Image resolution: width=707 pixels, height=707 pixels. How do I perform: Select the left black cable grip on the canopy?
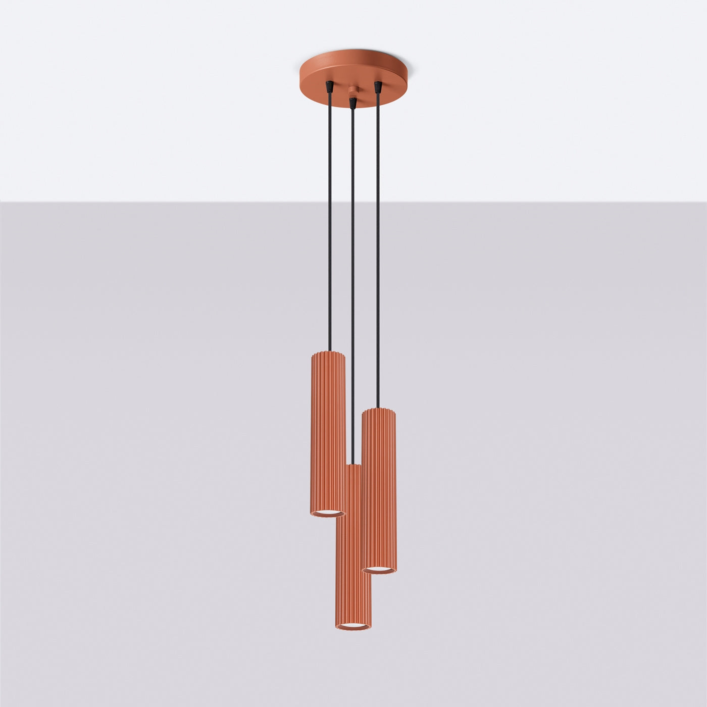coord(329,87)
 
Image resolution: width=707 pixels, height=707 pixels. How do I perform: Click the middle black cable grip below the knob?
coord(353,103)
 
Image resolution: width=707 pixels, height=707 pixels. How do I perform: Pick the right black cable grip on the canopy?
coord(377,87)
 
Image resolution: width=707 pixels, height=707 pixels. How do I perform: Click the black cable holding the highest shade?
coord(330,227)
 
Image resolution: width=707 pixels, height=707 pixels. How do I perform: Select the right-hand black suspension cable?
coord(378,252)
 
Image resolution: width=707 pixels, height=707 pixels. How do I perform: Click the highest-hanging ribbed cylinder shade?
coord(327,429)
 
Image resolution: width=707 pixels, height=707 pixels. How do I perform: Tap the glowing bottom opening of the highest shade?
coord(328,513)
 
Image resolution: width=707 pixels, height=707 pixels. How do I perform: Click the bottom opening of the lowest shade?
coord(353,626)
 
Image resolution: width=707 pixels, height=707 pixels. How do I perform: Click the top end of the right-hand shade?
coord(378,411)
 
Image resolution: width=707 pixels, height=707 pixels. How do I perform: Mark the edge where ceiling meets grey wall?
coord(151,201)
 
